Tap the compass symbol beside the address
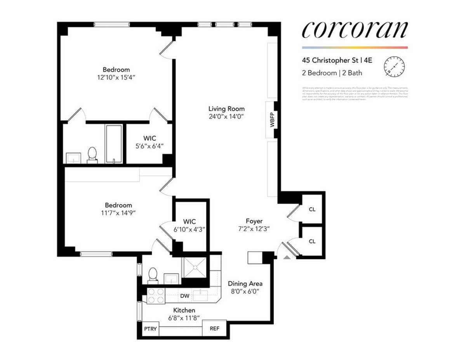tap(394, 66)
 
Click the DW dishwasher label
tap(185, 296)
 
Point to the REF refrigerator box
tap(214, 329)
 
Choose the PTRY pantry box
tap(150, 329)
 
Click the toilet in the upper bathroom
tap(92, 154)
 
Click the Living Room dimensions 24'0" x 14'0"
tap(226, 116)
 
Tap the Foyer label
tap(254, 221)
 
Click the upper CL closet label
tap(312, 209)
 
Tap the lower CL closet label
tap(312, 241)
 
